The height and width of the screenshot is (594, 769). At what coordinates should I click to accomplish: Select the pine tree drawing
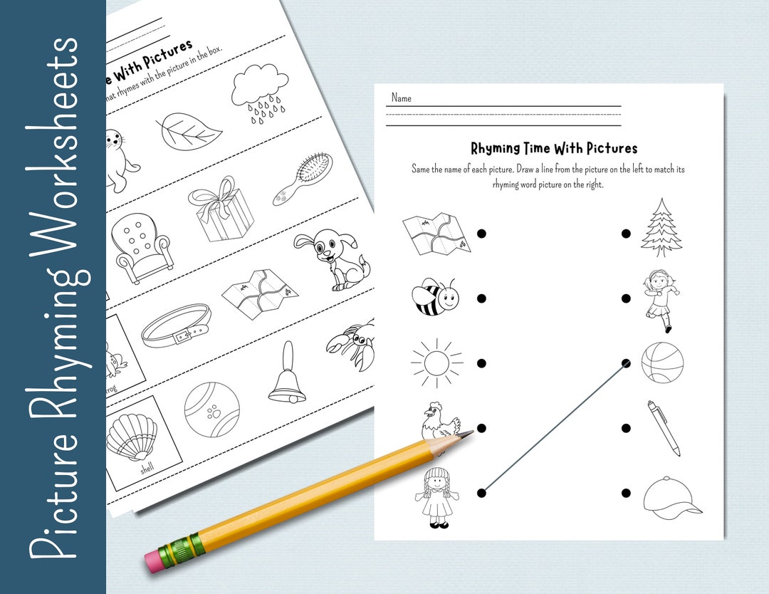(661, 228)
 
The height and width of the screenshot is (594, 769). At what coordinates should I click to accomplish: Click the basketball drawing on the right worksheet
(662, 363)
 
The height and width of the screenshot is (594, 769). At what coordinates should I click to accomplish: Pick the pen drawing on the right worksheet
(663, 427)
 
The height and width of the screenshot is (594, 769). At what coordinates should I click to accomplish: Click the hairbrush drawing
(303, 179)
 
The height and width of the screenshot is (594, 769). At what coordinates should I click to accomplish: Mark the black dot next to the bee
(481, 298)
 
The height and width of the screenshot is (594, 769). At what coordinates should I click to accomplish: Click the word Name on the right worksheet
(401, 98)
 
